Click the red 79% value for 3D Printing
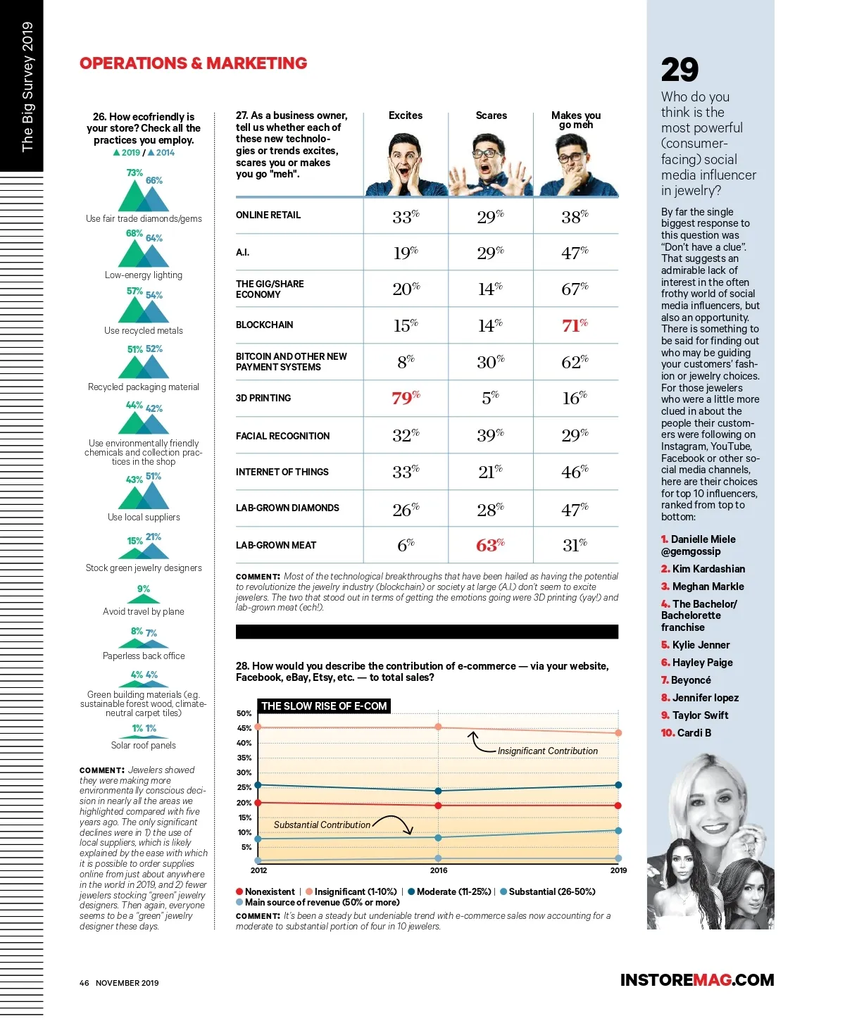click(406, 398)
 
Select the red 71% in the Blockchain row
click(575, 325)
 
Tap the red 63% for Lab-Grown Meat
click(490, 545)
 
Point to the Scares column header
click(491, 115)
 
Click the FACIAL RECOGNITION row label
click(282, 436)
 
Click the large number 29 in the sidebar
click(680, 70)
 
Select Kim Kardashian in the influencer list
click(708, 569)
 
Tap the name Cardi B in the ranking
click(694, 733)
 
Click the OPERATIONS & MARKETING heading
click(194, 63)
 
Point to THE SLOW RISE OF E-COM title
click(324, 706)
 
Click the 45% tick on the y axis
click(244, 728)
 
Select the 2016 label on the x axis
click(439, 870)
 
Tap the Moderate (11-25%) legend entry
click(453, 891)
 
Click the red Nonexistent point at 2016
click(438, 806)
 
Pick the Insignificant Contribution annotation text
click(547, 751)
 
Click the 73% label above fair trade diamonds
click(134, 173)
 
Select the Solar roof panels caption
click(144, 745)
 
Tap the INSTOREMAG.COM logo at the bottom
click(696, 980)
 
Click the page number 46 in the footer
click(84, 983)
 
